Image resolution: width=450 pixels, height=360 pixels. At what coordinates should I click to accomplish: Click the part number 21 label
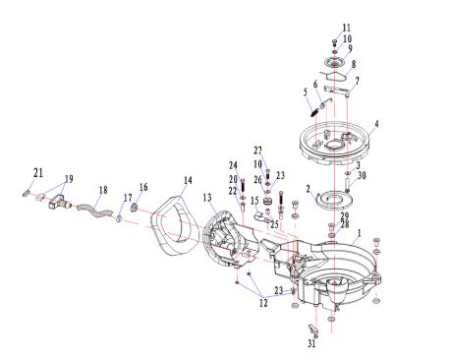38,172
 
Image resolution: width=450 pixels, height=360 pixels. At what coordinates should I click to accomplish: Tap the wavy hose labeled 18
93,210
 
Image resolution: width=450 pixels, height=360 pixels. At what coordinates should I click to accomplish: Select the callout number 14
188,180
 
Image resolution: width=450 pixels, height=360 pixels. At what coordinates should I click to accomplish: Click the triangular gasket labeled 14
172,225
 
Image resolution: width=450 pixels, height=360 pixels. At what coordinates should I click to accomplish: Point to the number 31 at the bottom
311,343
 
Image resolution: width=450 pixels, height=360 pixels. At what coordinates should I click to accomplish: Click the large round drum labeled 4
334,144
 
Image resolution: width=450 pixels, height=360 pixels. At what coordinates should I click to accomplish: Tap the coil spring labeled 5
315,112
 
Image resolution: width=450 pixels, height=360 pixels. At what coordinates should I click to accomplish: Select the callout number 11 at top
347,28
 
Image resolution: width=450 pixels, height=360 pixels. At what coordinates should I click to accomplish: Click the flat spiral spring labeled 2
334,200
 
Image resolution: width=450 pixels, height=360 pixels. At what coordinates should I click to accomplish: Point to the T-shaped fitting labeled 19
59,202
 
